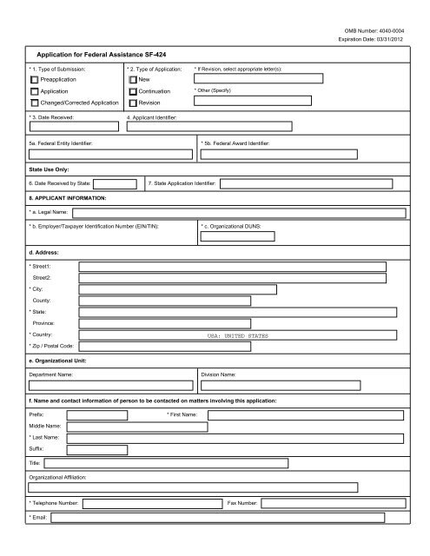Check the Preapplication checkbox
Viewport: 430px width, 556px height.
pos(34,78)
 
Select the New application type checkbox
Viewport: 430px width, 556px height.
pos(133,78)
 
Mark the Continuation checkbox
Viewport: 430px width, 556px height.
pos(133,90)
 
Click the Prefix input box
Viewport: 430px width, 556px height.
pos(98,415)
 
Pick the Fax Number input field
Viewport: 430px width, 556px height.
pos(334,502)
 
